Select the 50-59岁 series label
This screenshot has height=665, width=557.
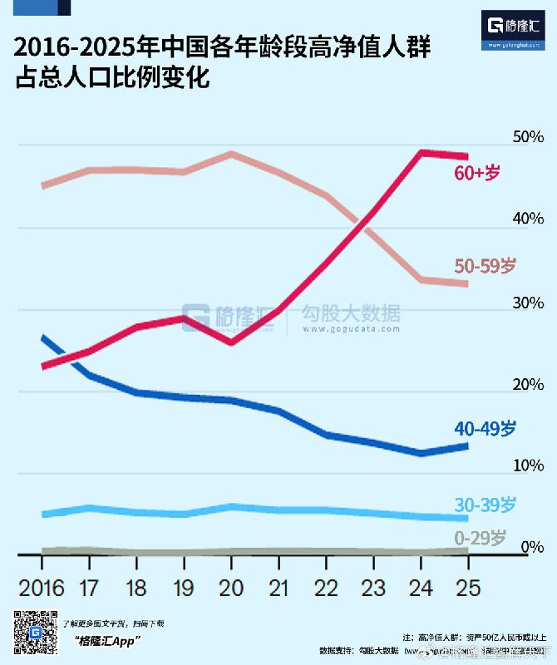click(x=486, y=265)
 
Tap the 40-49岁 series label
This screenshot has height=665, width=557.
click(x=486, y=429)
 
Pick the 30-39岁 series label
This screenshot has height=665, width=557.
click(x=486, y=505)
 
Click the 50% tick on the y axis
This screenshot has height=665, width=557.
click(x=528, y=136)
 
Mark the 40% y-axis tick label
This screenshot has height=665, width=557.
click(x=528, y=219)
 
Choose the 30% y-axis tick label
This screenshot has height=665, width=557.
click(x=528, y=302)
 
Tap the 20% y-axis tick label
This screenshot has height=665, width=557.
click(x=528, y=384)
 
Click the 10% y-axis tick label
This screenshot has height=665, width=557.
click(x=528, y=465)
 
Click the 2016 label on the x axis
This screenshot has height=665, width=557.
click(x=42, y=589)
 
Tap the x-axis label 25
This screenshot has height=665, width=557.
click(x=469, y=589)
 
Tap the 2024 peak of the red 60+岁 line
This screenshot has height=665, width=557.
click(x=422, y=153)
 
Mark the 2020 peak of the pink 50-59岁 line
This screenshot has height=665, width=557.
click(x=232, y=154)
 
